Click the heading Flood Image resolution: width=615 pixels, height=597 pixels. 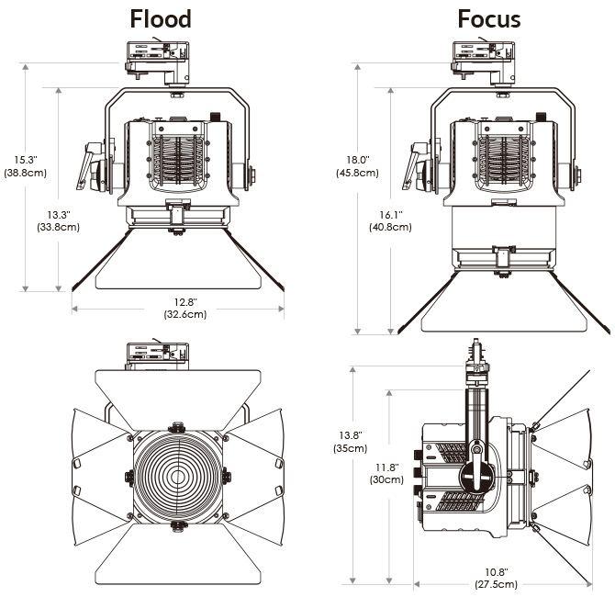pos(161,18)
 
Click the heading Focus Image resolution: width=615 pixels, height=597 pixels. pos(488,18)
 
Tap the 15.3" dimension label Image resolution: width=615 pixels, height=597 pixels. pos(25,158)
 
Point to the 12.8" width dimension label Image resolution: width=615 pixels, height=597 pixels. pos(184,302)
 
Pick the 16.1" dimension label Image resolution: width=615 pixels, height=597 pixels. pos(391,215)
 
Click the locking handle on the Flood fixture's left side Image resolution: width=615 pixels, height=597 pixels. pos(94,163)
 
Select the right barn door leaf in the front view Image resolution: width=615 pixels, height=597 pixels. pos(257,475)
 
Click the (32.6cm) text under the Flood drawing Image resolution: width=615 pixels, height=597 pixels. pos(184,315)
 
